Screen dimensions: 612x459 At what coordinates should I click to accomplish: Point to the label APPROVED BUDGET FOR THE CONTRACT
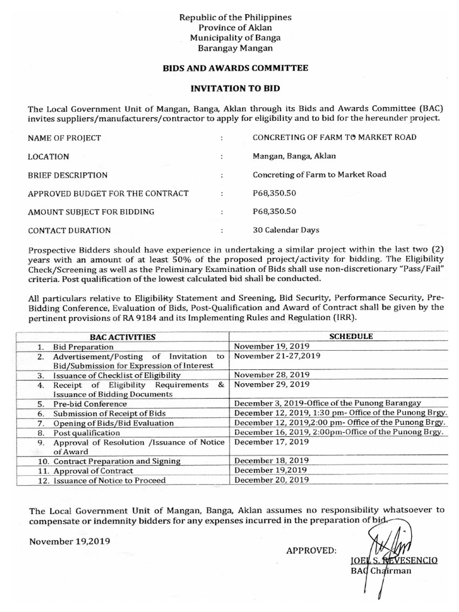pos(108,193)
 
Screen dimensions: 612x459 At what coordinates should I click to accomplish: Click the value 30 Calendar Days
pos(287,229)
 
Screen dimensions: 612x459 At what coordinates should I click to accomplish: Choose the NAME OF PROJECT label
pos(65,137)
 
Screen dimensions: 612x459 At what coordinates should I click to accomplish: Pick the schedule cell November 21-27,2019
pos(277,356)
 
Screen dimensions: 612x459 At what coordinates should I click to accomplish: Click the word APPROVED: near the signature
pos(311,549)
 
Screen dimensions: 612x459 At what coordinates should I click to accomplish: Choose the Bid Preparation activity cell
pos(83,346)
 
